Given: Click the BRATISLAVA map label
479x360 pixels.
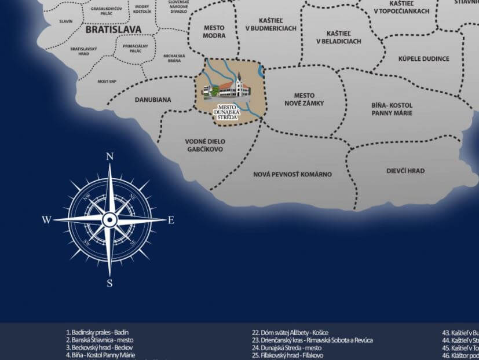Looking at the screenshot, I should tap(113, 28).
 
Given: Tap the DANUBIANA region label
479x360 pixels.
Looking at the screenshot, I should tap(153, 100).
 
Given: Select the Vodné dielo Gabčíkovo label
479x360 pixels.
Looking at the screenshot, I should tap(205, 145).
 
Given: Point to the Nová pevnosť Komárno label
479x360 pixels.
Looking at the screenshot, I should tap(292, 174).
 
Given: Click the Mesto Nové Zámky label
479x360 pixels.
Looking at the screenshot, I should tap(304, 99).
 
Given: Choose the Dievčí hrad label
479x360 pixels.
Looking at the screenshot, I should tap(405, 171).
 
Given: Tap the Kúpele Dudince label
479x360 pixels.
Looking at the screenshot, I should tap(423, 58).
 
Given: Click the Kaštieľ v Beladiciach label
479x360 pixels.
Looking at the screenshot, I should tap(338, 38).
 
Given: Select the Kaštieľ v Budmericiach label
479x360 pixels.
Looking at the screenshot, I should tap(270, 24).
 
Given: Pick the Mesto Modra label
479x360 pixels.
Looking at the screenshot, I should tap(214, 31).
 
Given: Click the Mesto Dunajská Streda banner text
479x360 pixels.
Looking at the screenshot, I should tap(227, 112).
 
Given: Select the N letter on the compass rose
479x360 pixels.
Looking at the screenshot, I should tap(109, 156).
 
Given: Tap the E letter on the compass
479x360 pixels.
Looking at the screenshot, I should tap(171, 220).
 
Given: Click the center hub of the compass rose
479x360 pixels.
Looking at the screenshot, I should tap(109, 220).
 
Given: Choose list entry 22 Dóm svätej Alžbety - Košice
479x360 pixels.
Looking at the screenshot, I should tap(290, 333).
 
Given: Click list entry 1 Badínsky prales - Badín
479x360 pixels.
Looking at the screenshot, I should tap(97, 333).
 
